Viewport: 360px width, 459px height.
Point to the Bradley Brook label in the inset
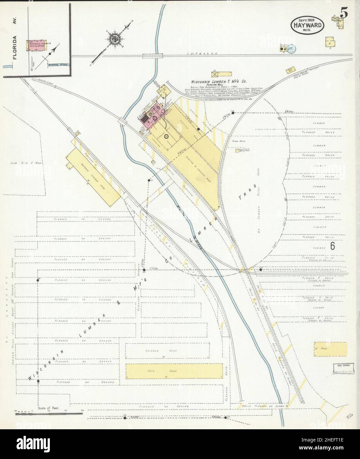click(x=57, y=65)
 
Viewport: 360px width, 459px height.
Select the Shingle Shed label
click(x=162, y=351)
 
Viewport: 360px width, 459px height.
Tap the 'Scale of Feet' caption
click(x=48, y=408)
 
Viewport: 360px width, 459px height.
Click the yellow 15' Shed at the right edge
click(x=330, y=349)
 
